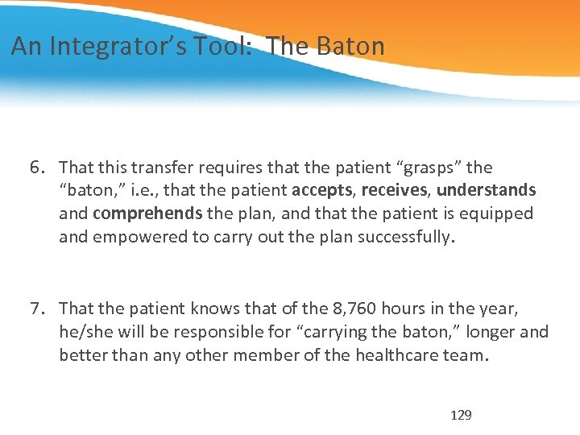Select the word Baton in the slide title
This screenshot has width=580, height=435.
point(350,47)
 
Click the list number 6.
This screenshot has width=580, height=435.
point(36,168)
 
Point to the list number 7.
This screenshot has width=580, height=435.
point(36,309)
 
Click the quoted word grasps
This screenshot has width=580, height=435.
point(428,168)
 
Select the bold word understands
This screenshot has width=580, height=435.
point(487,191)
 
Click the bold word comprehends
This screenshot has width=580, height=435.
point(147,213)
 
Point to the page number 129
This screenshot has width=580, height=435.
point(461,416)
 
